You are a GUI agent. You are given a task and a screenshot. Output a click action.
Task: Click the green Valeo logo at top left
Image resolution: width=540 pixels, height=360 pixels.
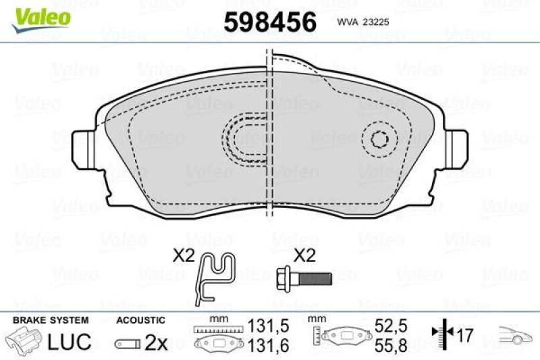(x=42, y=16)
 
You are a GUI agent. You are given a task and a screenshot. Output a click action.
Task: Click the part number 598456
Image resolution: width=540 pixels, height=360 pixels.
(x=269, y=22)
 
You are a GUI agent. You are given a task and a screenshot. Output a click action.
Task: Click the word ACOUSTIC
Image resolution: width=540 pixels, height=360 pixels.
(x=140, y=320)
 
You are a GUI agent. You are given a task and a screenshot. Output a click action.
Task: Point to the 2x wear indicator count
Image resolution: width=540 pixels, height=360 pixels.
(x=156, y=342)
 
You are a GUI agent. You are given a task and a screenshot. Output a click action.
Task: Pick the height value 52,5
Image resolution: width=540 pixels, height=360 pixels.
(x=390, y=324)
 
